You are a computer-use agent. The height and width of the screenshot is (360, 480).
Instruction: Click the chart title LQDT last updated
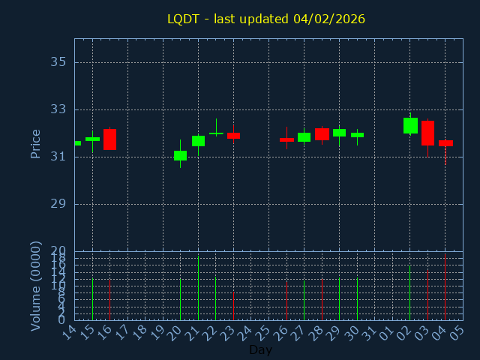[x=266, y=19]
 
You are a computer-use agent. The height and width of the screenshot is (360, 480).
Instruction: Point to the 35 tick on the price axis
[x=58, y=62]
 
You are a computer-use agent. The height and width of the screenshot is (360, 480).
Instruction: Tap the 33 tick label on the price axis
[x=58, y=109]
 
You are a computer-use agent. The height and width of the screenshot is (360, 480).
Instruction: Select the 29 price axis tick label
[x=58, y=204]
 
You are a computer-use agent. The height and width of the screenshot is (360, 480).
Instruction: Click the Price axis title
[x=35, y=143]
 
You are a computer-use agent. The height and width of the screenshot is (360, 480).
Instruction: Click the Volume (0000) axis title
[x=35, y=286]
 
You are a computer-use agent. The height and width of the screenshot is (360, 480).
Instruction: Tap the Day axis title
[x=260, y=349]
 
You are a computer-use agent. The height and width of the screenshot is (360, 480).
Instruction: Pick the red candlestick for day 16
[x=109, y=139]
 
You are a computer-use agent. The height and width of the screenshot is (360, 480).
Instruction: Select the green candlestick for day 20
[x=180, y=155]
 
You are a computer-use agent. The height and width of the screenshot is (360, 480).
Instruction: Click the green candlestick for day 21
[x=198, y=141]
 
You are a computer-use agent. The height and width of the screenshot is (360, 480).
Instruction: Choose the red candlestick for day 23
[x=233, y=136]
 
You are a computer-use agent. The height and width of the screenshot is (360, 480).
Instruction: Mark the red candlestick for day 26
[x=286, y=139]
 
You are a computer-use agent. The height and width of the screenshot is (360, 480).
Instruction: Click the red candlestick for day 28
[x=322, y=134]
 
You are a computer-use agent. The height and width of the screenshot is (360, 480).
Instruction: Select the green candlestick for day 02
[x=410, y=125]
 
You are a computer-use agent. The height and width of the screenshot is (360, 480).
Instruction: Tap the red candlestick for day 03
[x=427, y=133]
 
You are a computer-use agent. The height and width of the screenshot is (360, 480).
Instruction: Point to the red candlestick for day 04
[x=445, y=143]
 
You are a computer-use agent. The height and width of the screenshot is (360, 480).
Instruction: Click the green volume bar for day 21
[x=198, y=288]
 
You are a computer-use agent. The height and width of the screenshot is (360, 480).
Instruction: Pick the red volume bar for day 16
[x=109, y=299]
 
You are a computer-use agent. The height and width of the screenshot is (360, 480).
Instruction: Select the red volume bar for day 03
[x=427, y=295]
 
